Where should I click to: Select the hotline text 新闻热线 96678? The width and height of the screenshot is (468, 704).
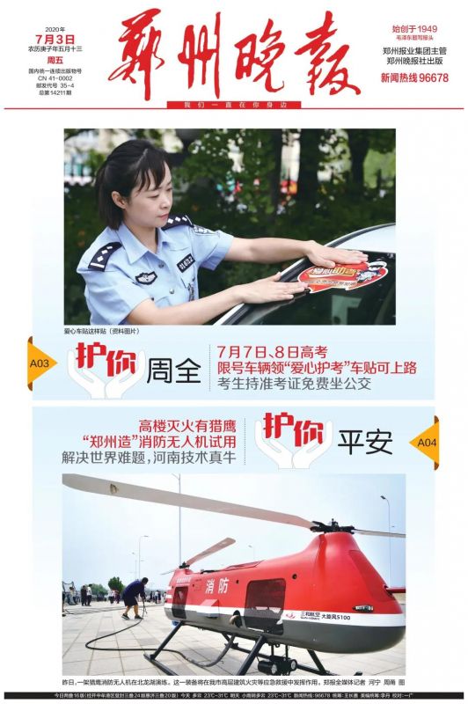coord(413,77)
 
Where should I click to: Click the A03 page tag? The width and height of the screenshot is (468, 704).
coord(40,362)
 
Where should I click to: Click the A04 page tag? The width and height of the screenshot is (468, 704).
coord(427,441)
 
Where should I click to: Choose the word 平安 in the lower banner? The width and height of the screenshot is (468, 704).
coord(368,443)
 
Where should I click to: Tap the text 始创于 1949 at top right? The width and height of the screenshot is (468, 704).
coord(413,29)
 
